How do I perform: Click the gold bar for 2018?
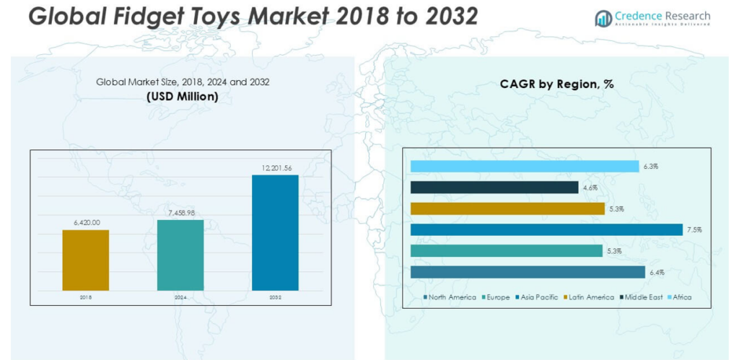[x=86, y=260]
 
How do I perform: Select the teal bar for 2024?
[x=180, y=255]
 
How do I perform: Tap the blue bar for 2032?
[x=275, y=232]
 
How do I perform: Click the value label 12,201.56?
[x=275, y=168]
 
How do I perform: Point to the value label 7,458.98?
[x=180, y=213]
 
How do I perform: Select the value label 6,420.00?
[x=86, y=223]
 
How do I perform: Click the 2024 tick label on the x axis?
[x=180, y=297]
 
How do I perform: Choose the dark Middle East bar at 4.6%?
[x=494, y=188]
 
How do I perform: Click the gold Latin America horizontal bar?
[x=507, y=208]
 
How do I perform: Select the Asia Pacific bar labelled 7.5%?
[x=546, y=229]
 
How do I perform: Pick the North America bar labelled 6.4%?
[x=528, y=272]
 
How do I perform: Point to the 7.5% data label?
[x=695, y=230]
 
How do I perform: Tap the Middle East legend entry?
[x=644, y=297]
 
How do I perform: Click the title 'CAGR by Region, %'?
[x=556, y=84]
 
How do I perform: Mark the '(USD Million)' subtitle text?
[x=183, y=96]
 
